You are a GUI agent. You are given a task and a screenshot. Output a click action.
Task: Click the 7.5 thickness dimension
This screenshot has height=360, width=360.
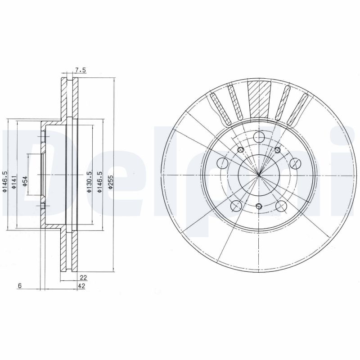pos(80,69)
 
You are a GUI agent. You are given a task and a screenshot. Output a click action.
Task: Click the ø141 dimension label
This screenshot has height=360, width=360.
pos(14,181)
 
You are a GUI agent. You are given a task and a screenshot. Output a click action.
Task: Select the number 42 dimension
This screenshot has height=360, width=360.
pos(82,286)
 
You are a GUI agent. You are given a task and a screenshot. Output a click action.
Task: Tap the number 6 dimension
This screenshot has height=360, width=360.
pos(19,286)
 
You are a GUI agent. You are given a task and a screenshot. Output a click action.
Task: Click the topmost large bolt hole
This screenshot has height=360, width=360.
pos(259,138)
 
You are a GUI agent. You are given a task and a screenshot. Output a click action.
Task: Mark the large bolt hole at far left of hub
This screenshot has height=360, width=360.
pos(223,162)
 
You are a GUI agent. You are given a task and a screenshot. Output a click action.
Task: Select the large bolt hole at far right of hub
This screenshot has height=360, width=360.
pos(295,162)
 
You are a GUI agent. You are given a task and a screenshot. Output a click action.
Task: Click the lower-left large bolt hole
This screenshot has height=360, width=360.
pos(235,206)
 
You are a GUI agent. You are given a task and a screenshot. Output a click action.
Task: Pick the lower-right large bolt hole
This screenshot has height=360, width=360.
pos(281,206)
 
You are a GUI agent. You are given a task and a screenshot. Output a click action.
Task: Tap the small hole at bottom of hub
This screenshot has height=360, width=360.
pos(258,206)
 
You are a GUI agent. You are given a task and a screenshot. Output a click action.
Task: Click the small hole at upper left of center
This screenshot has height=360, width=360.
pos(240,150)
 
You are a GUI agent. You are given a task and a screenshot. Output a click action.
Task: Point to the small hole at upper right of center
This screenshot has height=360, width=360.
pos(277,150)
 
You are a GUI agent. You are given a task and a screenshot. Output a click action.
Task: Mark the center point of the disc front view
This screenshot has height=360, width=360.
pos(259,174)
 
